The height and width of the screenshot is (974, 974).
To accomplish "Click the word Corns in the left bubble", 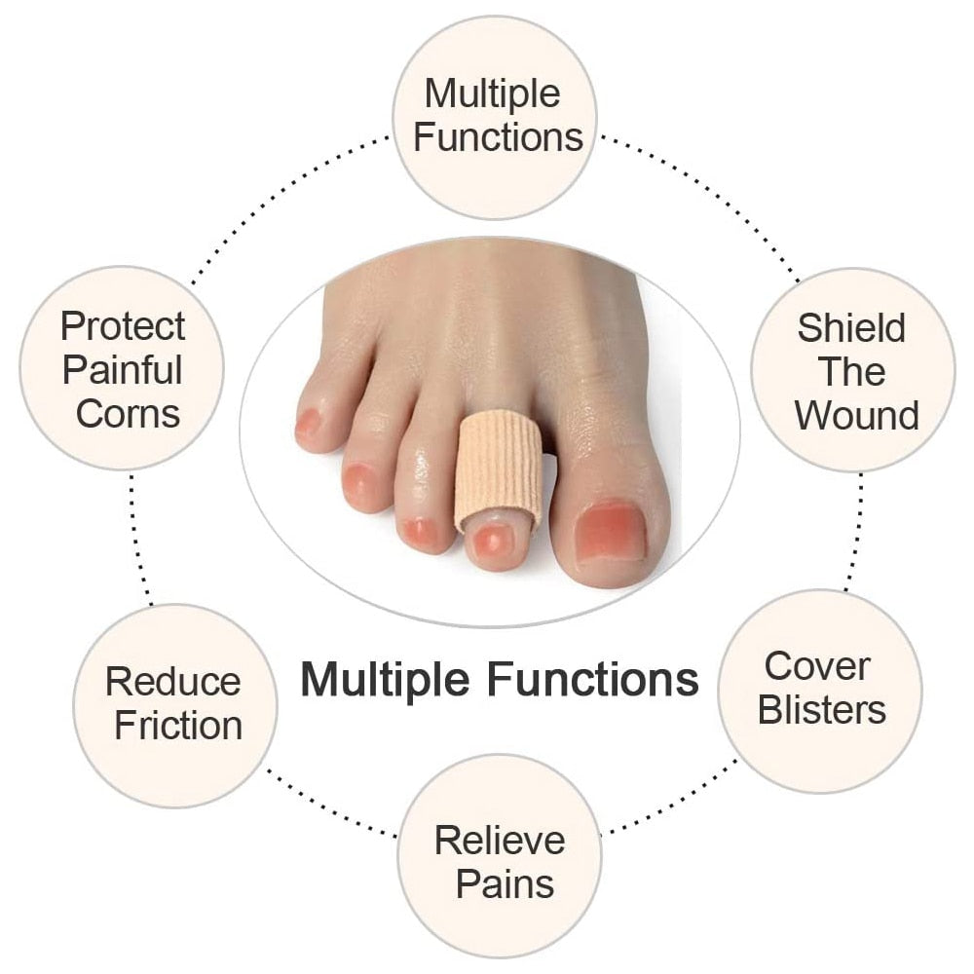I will pyautogui.click(x=128, y=414).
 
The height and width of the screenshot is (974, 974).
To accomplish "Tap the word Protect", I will pyautogui.click(x=123, y=326).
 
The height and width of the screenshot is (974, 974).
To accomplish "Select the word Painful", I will pyautogui.click(x=123, y=370).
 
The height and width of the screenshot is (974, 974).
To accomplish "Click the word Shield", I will pyautogui.click(x=851, y=328).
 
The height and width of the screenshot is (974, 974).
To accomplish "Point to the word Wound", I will pyautogui.click(x=856, y=415).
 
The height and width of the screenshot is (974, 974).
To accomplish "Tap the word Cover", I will pyautogui.click(x=816, y=666).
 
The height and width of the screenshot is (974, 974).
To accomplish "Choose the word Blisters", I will pyautogui.click(x=822, y=710).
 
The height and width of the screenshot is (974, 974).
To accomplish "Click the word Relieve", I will pyautogui.click(x=500, y=840).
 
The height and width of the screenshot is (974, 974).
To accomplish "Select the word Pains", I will pyautogui.click(x=505, y=884).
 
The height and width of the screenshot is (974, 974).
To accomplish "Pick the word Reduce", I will pyautogui.click(x=172, y=681).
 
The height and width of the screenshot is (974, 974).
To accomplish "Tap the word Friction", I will pyautogui.click(x=178, y=725).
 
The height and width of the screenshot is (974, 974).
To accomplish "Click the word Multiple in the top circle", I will pyautogui.click(x=492, y=94).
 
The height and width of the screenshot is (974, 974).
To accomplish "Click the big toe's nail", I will pyautogui.click(x=610, y=532).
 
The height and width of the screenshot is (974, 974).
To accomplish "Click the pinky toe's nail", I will pyautogui.click(x=308, y=423).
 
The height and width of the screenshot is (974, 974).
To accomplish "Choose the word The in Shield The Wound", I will pyautogui.click(x=851, y=371).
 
